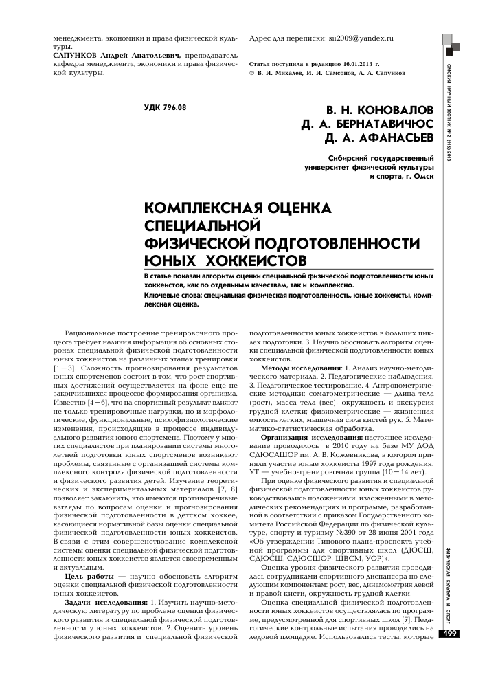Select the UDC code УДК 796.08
(165, 108)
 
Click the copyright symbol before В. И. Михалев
(251, 72)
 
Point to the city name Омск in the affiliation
(422, 175)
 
